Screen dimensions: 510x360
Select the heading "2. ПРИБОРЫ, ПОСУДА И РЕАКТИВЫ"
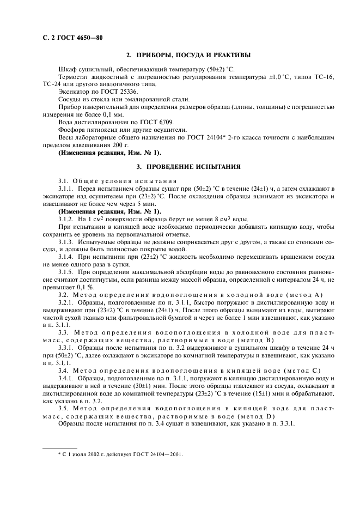point(188,56)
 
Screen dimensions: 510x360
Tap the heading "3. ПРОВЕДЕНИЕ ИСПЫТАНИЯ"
point(188,166)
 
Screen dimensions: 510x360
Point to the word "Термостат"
point(75,78)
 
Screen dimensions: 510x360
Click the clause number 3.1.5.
point(68,271)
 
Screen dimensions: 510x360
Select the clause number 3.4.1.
point(68,377)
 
